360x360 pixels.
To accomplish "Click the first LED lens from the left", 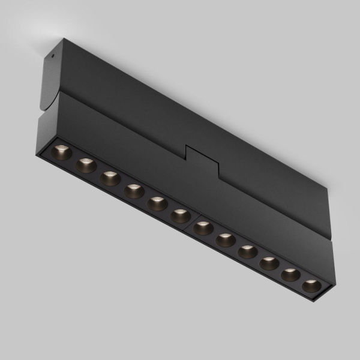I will point(61,152).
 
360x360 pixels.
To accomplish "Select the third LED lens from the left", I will point(109,178).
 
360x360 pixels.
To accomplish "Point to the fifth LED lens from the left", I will point(157,203).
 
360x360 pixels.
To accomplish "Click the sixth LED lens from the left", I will point(180,215).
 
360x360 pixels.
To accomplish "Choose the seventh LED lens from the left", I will point(204,228).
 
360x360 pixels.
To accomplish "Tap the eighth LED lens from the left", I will point(226,240).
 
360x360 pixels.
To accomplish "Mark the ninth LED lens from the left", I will point(247,251).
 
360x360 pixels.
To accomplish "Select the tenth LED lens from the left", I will point(269,263).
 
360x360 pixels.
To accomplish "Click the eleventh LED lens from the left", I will point(290,274).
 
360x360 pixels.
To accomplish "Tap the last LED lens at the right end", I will point(311,285).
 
